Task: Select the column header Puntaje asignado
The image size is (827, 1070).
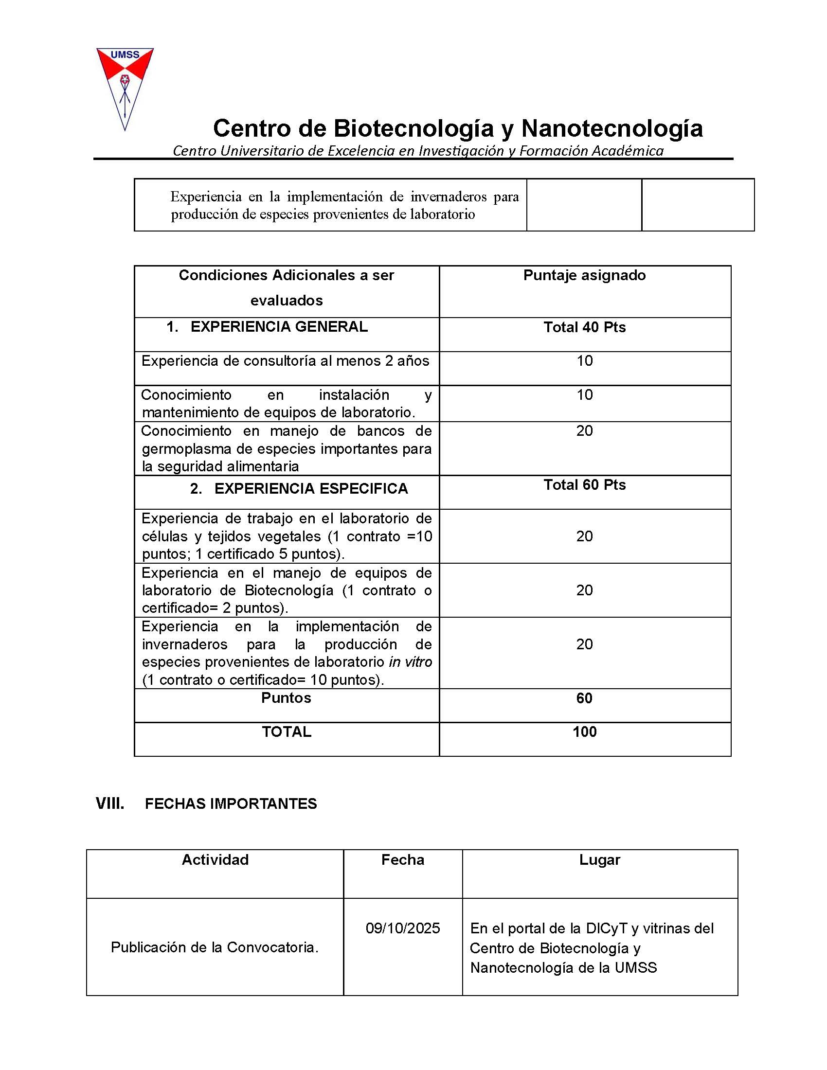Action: (584, 275)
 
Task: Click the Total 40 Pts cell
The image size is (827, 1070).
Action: (584, 327)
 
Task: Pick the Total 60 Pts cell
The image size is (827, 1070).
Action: (584, 485)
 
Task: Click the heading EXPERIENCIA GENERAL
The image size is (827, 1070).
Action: (279, 327)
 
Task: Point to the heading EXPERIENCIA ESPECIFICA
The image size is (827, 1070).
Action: (311, 488)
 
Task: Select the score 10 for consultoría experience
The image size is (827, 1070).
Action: (584, 361)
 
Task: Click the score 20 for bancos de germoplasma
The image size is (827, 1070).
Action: (584, 431)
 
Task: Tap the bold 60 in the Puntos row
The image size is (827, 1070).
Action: (584, 698)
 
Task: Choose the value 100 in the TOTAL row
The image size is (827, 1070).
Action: (584, 732)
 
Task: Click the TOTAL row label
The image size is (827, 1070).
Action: (286, 732)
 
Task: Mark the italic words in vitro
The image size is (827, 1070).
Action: (410, 662)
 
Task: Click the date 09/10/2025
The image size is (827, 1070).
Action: (403, 928)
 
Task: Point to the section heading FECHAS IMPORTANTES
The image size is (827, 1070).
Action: (231, 804)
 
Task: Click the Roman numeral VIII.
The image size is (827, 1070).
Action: (110, 804)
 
